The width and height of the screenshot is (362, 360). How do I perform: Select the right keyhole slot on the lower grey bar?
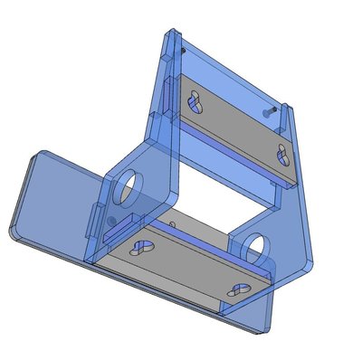[240, 289]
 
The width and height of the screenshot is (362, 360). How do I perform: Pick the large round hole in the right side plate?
[258, 243]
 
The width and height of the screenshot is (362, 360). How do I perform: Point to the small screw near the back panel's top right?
[268, 111]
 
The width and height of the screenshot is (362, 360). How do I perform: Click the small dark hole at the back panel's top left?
[184, 52]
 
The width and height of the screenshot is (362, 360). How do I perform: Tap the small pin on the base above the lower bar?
[172, 221]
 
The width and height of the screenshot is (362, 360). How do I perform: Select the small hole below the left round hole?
[110, 219]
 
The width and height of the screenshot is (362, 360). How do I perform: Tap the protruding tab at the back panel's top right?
[287, 112]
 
